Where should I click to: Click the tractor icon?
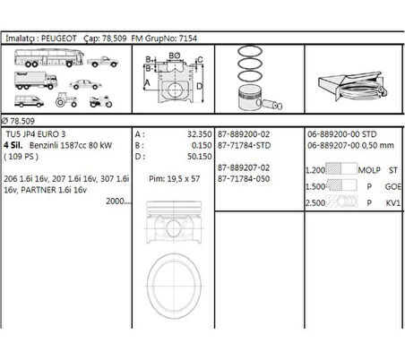coord(65,100)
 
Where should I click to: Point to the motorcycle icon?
coord(99,100)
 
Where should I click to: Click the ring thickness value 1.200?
coord(316,169)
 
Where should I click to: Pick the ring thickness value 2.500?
coord(316,203)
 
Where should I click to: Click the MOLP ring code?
coord(368,169)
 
